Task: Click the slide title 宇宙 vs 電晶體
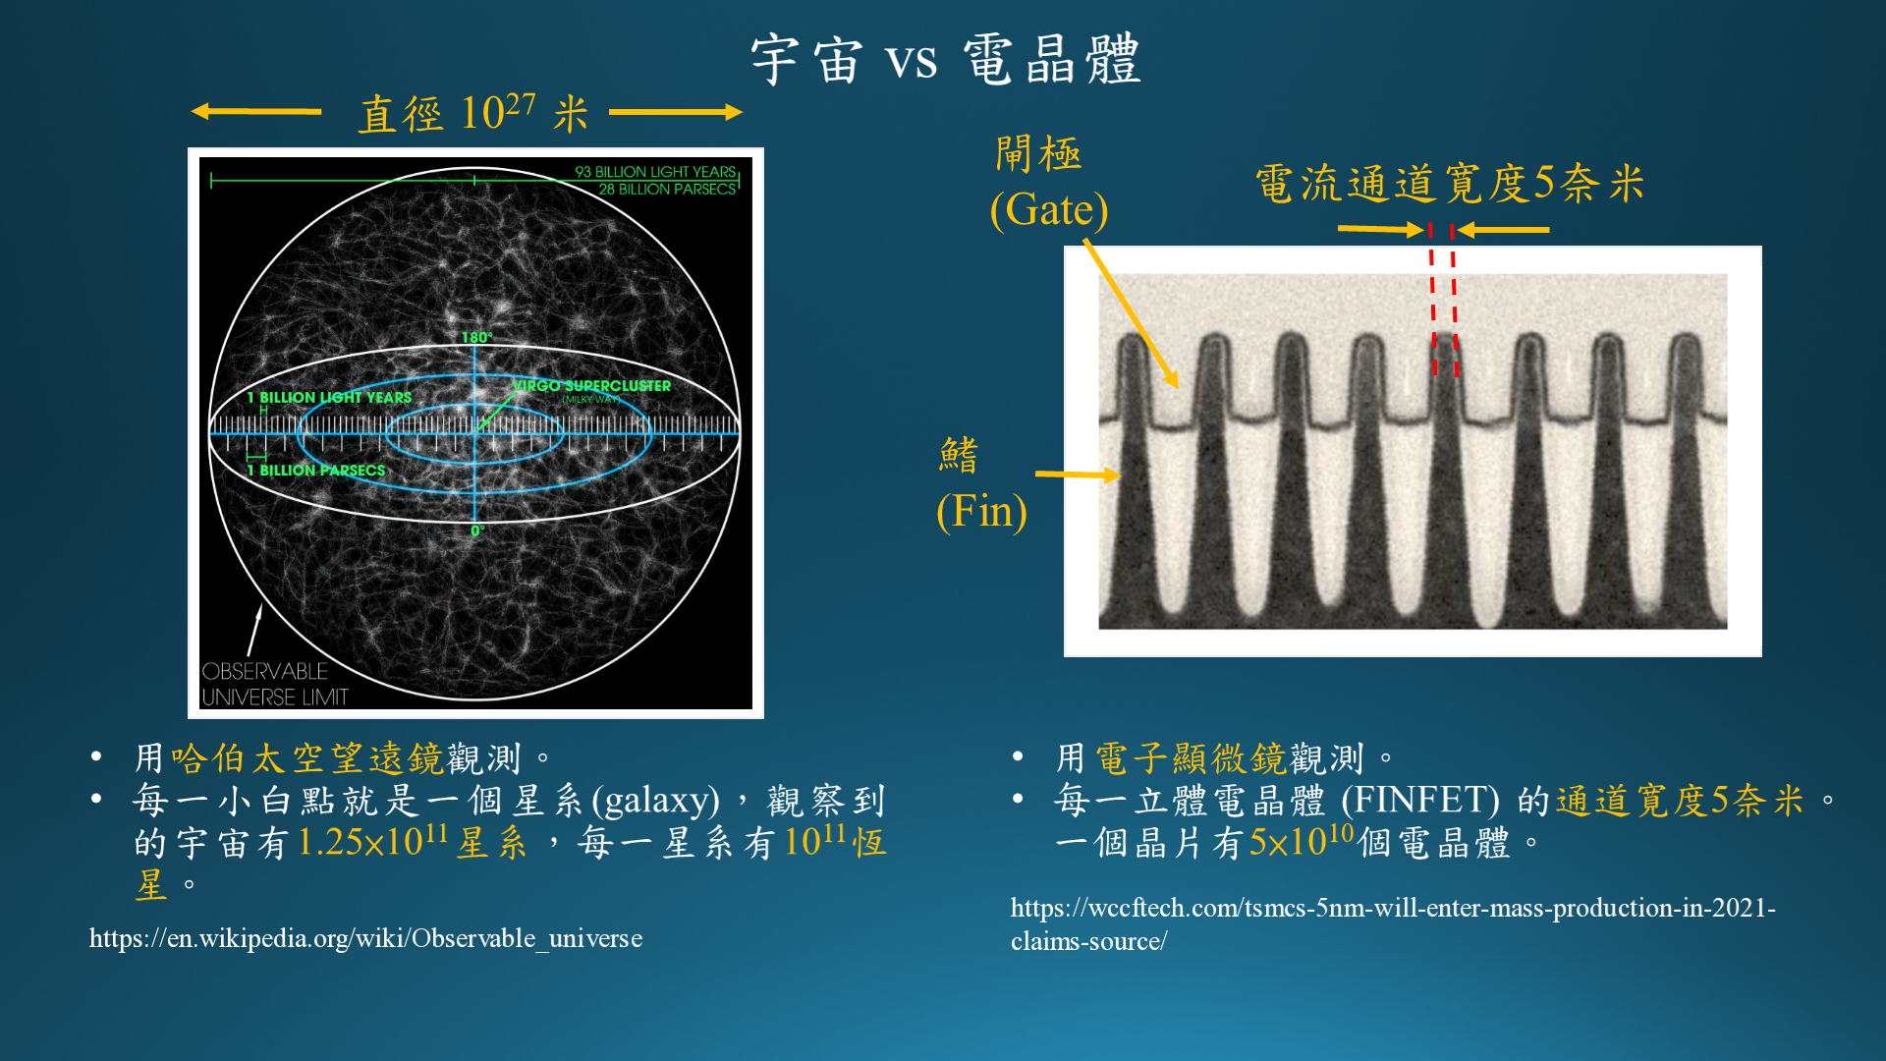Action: pyautogui.click(x=945, y=59)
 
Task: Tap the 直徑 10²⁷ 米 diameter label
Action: pyautogui.click(x=472, y=113)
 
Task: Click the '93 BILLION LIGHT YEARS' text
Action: pyautogui.click(x=655, y=172)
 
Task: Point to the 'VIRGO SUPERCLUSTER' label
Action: pyautogui.click(x=591, y=386)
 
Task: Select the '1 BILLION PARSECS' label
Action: pyautogui.click(x=316, y=471)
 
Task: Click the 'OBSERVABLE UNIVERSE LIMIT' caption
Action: pyautogui.click(x=275, y=684)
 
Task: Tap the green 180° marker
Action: pyautogui.click(x=477, y=337)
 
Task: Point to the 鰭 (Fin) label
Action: pyautogui.click(x=981, y=484)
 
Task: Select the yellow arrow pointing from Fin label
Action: pyautogui.click(x=1078, y=475)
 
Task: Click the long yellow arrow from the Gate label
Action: pyautogui.click(x=1131, y=313)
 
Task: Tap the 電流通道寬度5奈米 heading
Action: pyautogui.click(x=1450, y=184)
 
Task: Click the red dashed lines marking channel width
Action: pyautogui.click(x=1443, y=300)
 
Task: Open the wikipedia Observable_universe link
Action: pyautogui.click(x=365, y=938)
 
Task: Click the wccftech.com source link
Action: pyautogui.click(x=1393, y=923)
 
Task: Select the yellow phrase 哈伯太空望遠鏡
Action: pyautogui.click(x=308, y=758)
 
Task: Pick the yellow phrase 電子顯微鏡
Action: pyautogui.click(x=1191, y=758)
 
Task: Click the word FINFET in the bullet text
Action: pyautogui.click(x=1420, y=801)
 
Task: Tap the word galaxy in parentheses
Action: pyautogui.click(x=656, y=801)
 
